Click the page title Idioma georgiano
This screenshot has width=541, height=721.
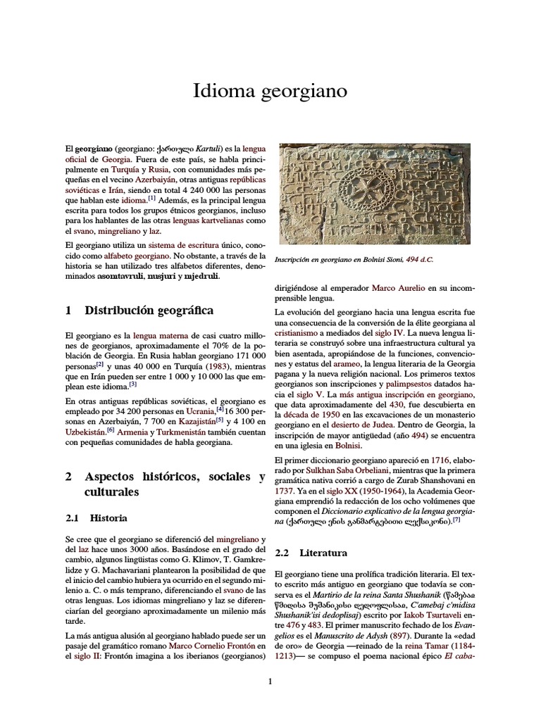[x=270, y=92]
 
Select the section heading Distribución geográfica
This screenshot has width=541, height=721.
[x=149, y=311]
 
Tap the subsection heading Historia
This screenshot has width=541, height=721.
[x=110, y=518]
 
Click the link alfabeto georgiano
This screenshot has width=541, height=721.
[x=133, y=256]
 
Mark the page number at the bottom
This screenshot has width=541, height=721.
[x=270, y=681]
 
